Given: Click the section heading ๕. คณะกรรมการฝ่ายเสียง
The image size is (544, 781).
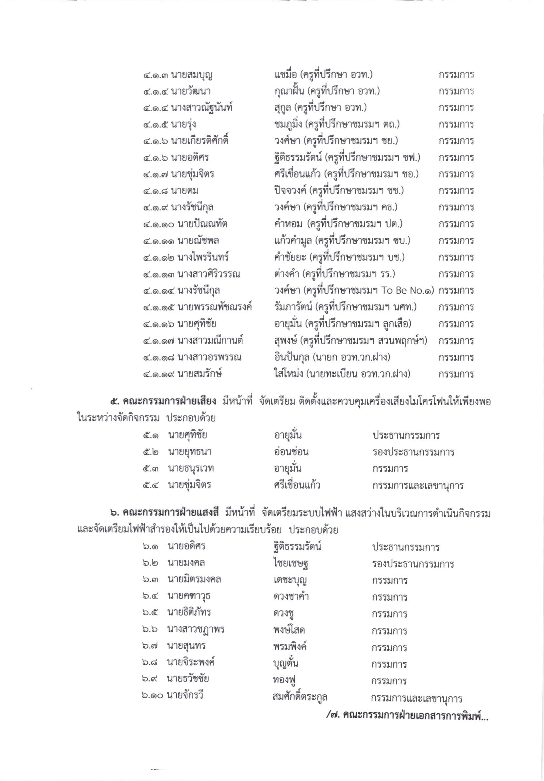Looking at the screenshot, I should coord(163,402).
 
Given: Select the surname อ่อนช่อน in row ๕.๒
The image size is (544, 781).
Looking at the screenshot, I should coord(291,452).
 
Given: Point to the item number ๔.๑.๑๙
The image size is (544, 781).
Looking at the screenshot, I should coord(159,374).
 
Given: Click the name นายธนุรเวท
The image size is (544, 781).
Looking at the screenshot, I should coord(191,469).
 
